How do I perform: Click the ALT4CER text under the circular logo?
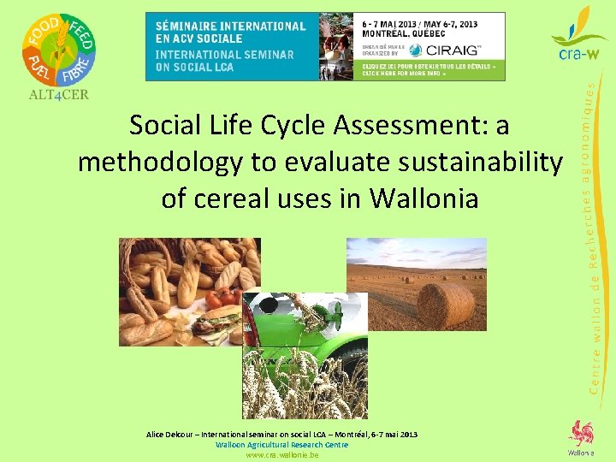point(58,94)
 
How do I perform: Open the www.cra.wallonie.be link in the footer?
point(281,455)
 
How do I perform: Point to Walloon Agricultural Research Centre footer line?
point(281,445)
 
